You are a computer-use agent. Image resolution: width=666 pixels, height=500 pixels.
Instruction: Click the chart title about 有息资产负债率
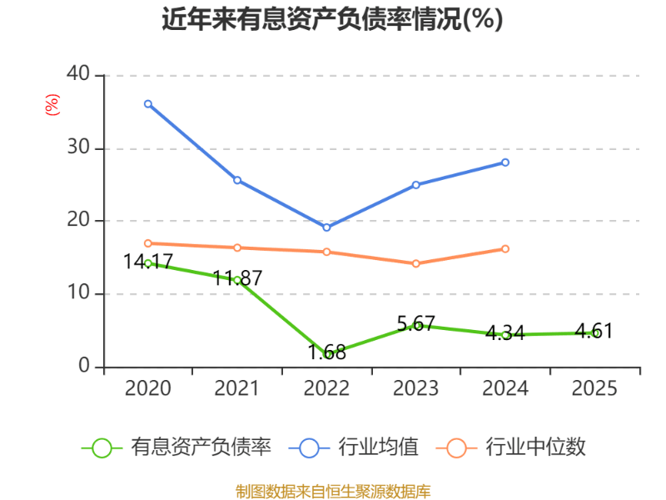[332, 19]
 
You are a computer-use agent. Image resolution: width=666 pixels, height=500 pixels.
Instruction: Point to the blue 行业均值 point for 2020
[147, 104]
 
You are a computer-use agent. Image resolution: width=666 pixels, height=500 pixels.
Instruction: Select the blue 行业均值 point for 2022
[326, 227]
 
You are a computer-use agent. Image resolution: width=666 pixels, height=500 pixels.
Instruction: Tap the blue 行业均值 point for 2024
[505, 162]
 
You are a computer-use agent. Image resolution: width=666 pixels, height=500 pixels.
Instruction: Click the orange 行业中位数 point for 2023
[416, 263]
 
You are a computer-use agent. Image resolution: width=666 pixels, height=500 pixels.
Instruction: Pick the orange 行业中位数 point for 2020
[147, 243]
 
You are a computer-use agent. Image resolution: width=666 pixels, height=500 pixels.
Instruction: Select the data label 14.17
[147, 262]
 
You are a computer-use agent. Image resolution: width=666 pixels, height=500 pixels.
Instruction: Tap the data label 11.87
[237, 277]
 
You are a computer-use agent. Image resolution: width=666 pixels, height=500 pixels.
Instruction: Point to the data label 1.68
[326, 352]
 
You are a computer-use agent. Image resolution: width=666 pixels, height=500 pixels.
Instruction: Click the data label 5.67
[416, 323]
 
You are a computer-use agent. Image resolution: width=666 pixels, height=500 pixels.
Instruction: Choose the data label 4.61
[594, 331]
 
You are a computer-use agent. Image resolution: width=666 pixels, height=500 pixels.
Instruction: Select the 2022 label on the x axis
[326, 388]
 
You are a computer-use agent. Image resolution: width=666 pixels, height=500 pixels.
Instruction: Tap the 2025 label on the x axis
[594, 388]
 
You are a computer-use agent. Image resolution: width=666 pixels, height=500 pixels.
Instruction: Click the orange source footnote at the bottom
[333, 491]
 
